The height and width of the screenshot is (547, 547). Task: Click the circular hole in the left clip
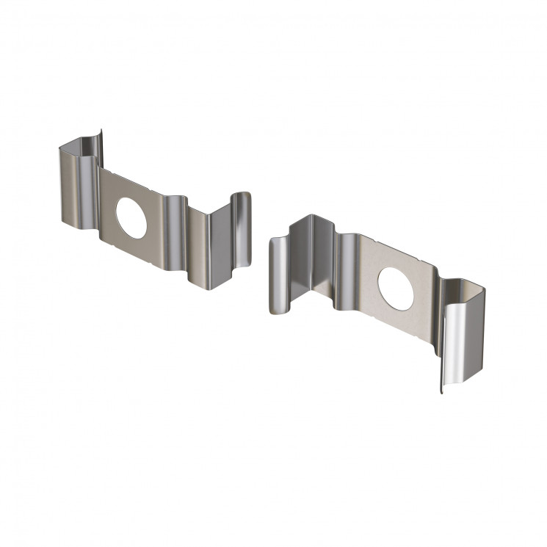[x=132, y=217]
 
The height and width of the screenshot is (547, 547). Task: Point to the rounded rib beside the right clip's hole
[x=347, y=272]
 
